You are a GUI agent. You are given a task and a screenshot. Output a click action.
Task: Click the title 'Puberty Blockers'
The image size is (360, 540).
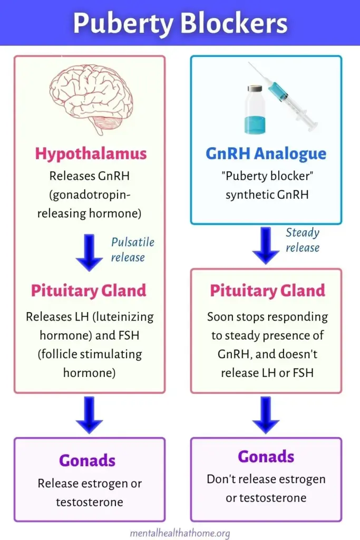click(180, 23)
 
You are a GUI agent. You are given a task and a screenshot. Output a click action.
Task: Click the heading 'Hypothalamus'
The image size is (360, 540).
click(91, 153)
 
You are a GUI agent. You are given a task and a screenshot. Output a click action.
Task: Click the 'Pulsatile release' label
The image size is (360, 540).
click(132, 249)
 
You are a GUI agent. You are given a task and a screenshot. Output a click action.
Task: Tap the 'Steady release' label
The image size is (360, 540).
click(303, 240)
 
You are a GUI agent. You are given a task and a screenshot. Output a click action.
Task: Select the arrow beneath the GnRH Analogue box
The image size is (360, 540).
click(266, 245)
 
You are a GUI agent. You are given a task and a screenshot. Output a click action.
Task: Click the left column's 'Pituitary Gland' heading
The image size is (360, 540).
click(89, 291)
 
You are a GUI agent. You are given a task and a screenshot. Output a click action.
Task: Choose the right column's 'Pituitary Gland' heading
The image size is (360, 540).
click(267, 291)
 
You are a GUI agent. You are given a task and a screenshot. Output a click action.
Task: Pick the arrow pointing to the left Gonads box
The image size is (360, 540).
click(89, 414)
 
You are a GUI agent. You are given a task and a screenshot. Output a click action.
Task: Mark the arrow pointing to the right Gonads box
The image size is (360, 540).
click(266, 414)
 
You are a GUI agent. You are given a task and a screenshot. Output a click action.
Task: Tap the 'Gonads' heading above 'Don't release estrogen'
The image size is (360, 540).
click(266, 456)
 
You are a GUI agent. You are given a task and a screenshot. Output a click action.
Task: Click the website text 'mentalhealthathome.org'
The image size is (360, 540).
click(180, 533)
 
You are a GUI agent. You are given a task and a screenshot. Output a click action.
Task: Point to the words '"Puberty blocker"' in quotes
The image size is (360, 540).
click(266, 176)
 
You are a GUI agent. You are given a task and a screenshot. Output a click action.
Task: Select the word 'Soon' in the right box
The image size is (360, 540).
click(220, 317)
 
